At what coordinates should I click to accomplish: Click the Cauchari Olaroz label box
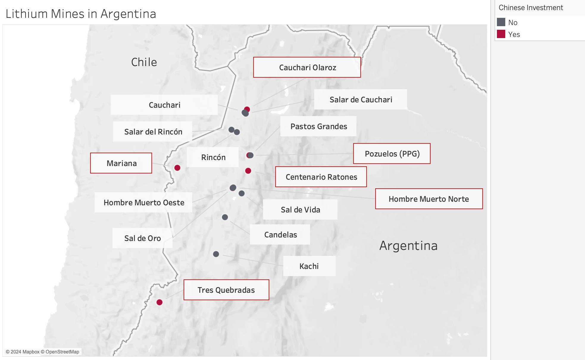click(307, 68)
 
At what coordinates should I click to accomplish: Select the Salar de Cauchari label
click(361, 100)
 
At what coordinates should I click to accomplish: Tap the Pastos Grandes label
click(318, 126)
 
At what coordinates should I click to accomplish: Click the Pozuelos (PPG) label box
click(392, 154)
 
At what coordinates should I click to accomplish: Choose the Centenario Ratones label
click(321, 177)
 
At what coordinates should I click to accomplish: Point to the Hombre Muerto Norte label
click(429, 199)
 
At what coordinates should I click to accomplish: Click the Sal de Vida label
click(300, 210)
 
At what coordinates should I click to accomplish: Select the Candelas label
click(280, 235)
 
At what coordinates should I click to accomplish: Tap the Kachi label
click(309, 266)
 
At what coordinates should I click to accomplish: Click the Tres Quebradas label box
click(226, 290)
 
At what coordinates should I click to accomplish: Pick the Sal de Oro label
click(143, 238)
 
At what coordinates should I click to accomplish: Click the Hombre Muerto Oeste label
click(144, 203)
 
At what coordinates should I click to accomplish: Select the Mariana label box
click(121, 163)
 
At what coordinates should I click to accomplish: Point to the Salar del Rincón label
click(153, 132)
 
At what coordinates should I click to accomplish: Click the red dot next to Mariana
click(177, 168)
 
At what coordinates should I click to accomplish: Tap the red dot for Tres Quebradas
click(159, 302)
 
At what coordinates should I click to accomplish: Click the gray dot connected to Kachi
click(216, 254)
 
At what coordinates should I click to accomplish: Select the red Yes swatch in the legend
click(501, 34)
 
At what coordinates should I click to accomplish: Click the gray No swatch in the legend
click(501, 22)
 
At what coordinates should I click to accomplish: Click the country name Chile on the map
click(144, 62)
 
